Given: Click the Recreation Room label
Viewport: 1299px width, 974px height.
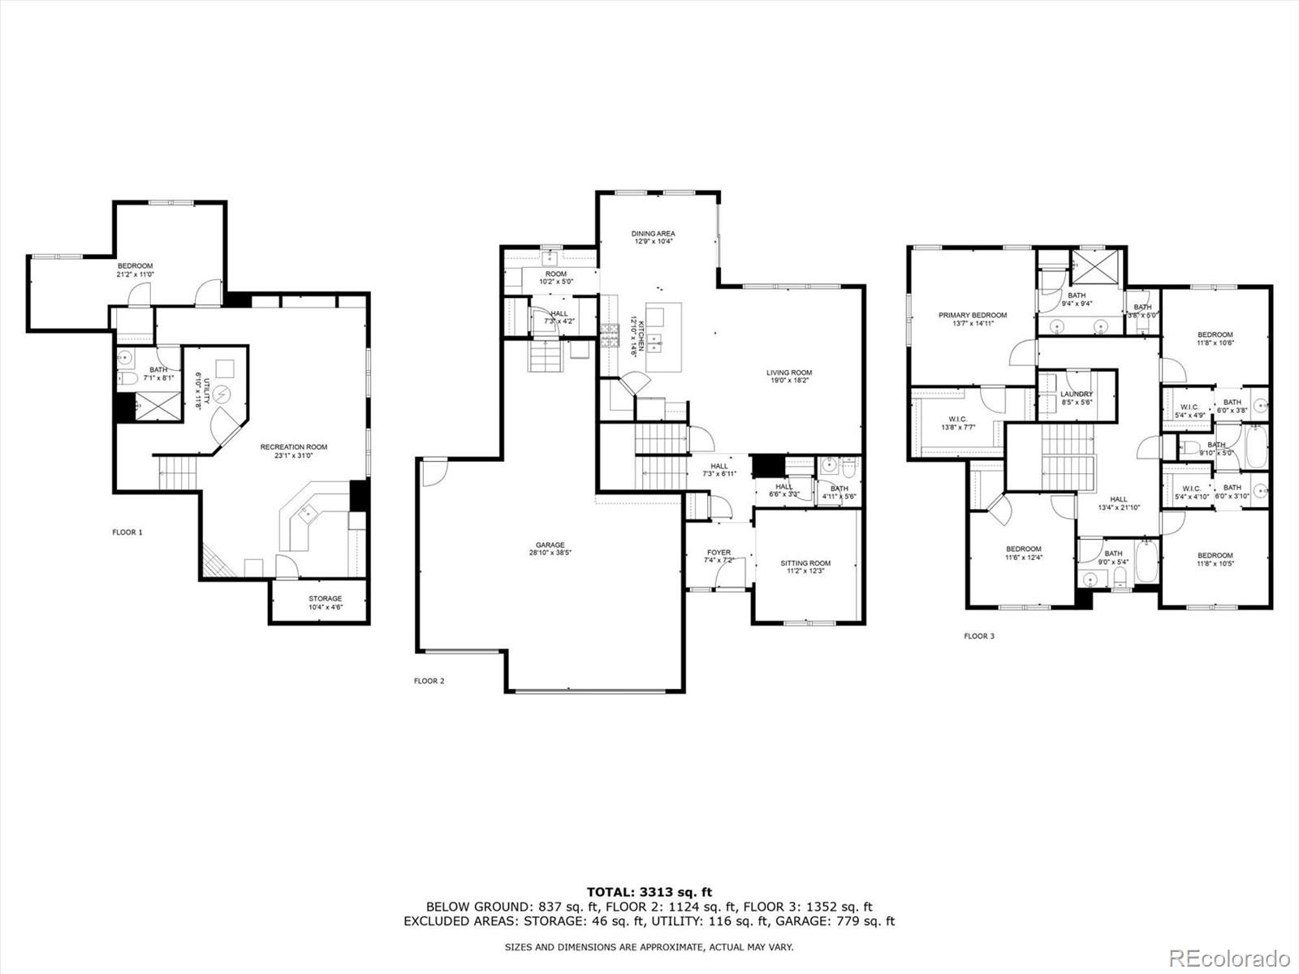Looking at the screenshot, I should (293, 451).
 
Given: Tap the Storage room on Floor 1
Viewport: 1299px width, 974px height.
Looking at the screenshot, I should (325, 603).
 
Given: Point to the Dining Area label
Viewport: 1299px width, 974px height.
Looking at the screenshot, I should (654, 238).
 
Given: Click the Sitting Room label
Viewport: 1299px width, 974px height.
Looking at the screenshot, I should (805, 567).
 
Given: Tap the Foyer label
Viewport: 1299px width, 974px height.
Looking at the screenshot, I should (719, 557).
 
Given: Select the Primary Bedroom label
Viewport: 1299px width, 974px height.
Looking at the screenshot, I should (973, 319).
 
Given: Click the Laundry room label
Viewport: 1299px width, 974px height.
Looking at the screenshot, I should (1077, 398).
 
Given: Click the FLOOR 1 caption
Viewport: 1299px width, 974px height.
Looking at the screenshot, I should (127, 532).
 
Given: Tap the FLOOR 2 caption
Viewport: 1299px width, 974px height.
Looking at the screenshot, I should (429, 681).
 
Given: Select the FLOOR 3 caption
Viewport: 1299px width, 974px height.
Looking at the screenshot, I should (979, 636).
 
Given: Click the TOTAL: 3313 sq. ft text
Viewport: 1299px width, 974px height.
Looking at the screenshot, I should (649, 893).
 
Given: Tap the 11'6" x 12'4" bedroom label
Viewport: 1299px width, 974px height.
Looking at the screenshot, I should (1024, 553).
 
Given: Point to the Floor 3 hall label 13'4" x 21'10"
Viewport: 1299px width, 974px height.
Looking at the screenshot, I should (1119, 503).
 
